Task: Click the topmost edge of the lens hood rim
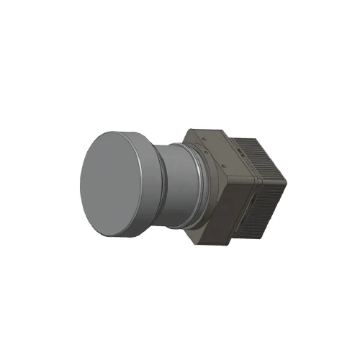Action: tap(115, 130)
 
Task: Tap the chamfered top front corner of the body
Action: tap(189, 132)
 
